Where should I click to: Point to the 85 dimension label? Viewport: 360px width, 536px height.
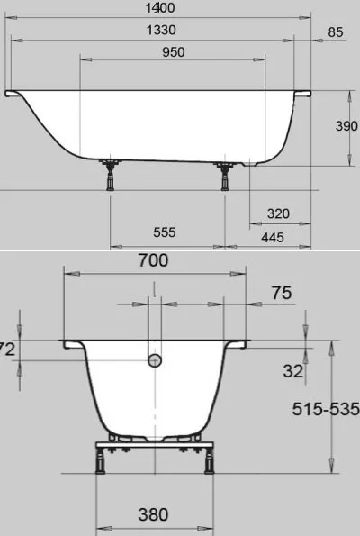[x=336, y=33]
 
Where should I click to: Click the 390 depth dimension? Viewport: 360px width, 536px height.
[x=346, y=126]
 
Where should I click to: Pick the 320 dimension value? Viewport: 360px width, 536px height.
[x=278, y=214]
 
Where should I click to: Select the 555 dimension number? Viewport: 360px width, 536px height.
[x=164, y=232]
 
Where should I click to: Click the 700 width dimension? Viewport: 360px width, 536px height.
[x=153, y=260]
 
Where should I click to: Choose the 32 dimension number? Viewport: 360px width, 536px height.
[x=292, y=370]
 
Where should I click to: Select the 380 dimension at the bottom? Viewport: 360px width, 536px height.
[x=153, y=514]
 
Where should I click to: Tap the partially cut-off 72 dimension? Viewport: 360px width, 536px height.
[x=7, y=350]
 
